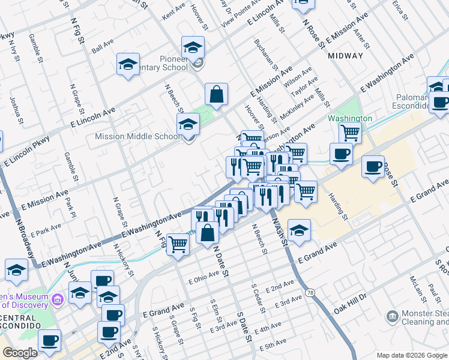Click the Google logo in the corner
20,353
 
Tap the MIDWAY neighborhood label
346,56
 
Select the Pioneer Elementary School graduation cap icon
193,47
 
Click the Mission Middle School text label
137,136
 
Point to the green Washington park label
349,118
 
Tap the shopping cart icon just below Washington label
350,132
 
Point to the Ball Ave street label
102,46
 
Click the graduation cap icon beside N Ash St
299,230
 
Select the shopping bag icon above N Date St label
207,233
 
